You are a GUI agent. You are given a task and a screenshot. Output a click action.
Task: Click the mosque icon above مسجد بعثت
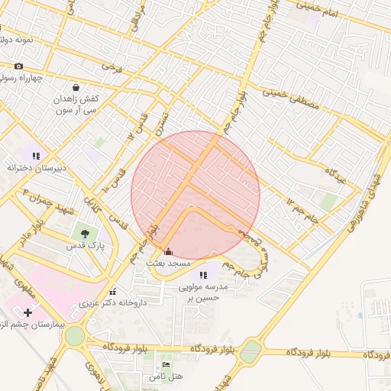click(168, 251)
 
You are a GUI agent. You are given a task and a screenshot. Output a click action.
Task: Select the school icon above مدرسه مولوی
click(202, 275)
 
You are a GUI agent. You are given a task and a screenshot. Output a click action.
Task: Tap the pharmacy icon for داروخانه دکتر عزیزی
click(113, 291)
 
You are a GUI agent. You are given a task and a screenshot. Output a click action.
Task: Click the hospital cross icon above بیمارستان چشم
click(28, 312)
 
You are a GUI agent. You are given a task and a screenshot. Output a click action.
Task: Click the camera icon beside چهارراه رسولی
click(19, 66)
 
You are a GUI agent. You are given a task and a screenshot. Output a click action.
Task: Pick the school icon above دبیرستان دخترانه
click(35, 155)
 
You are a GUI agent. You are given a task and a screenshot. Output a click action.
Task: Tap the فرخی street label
click(113, 68)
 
